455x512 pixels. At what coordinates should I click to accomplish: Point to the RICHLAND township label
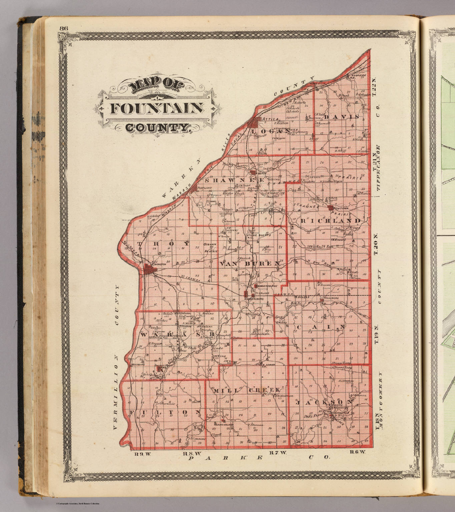[330, 221]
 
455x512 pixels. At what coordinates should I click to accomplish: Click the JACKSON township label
[324, 402]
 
